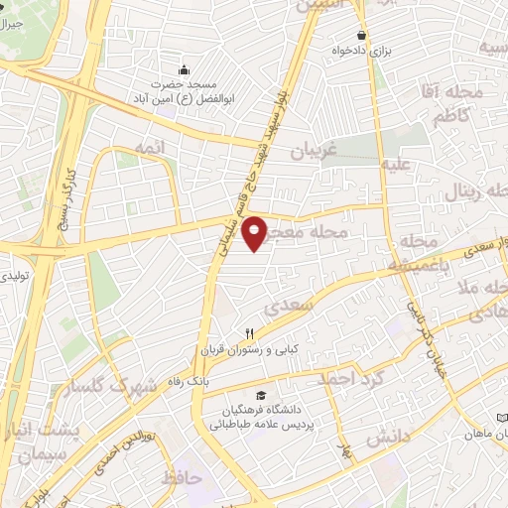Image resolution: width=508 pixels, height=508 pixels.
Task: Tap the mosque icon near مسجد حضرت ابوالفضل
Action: coord(184,69)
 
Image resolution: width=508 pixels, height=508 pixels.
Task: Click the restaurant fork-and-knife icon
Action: coord(251,334)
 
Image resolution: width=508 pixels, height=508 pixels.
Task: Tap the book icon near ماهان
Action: coord(501,420)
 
